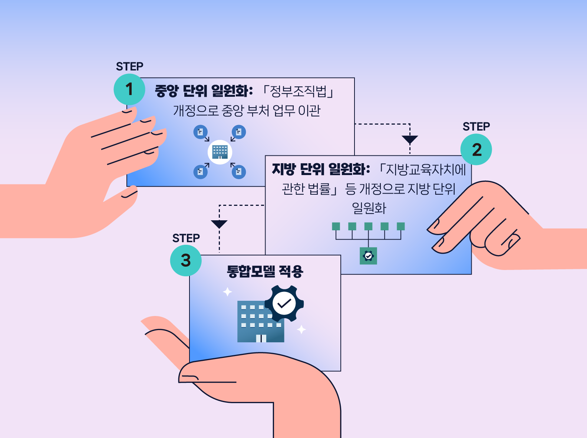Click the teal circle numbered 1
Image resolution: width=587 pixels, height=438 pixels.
[x=129, y=89]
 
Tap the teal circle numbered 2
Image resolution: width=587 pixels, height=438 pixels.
[x=476, y=149]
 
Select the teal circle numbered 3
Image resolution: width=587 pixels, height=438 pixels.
[x=186, y=260]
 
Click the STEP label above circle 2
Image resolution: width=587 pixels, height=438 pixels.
[x=476, y=126]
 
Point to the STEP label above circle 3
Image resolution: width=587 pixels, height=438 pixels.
[x=186, y=238]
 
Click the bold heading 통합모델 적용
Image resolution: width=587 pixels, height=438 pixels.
[x=265, y=272]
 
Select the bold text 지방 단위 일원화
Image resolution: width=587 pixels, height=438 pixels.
[x=321, y=169]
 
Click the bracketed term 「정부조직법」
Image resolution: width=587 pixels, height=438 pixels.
[x=298, y=92]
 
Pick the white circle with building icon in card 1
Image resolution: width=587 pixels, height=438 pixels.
[x=220, y=152]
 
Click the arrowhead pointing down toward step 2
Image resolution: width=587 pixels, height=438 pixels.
[x=410, y=139]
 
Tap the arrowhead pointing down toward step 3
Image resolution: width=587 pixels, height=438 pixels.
[x=219, y=224]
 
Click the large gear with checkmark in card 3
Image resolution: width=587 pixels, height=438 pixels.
[x=284, y=303]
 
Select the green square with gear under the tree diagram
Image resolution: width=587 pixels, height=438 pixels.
[x=368, y=256]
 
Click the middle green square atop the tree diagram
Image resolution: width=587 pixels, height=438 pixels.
[x=368, y=226]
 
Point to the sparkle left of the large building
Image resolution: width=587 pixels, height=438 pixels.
[x=227, y=292]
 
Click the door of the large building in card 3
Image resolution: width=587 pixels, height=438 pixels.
[x=261, y=338]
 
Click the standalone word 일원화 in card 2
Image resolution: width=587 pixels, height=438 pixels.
[x=369, y=208]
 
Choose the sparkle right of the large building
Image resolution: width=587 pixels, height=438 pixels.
[x=301, y=329]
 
